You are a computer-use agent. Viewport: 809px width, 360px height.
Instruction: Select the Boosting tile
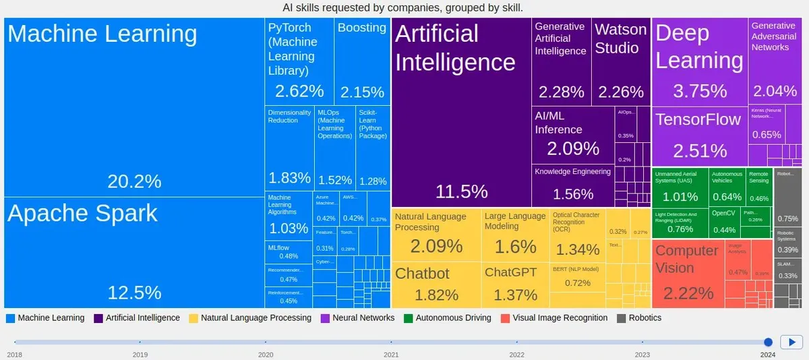coord(362,61)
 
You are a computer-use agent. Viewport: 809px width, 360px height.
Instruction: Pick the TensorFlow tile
coord(699,136)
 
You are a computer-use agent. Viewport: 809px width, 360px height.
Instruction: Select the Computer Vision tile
coord(688,273)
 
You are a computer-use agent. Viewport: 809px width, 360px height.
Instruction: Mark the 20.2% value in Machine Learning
coord(134,181)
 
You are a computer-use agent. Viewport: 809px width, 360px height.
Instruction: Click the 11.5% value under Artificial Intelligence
coord(461,191)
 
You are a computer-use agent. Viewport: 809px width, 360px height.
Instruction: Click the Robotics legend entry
coord(645,318)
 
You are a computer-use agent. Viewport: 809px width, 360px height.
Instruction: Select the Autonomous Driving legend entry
coord(453,318)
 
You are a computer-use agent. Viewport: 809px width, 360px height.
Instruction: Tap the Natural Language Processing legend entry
coord(256,318)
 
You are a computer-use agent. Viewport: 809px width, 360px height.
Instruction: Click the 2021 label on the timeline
coord(391,355)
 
